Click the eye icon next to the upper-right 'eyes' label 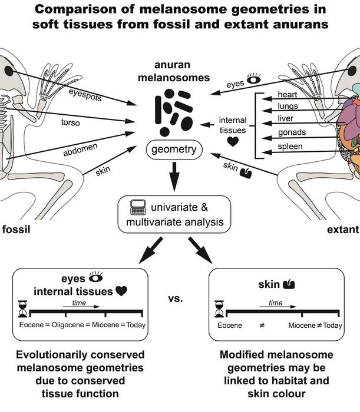coord(254,78)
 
